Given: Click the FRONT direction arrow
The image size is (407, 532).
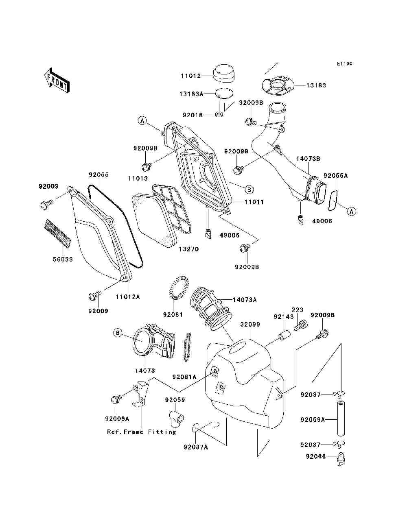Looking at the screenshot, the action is tap(57, 80).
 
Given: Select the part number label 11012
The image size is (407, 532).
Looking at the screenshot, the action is tap(191, 76).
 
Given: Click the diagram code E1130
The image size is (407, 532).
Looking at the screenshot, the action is tap(344, 64).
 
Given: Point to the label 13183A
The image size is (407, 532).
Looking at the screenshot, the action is tap(191, 94).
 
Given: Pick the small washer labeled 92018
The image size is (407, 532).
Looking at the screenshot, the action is tap(219, 114).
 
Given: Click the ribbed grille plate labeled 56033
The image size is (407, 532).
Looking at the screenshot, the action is tap(58, 233).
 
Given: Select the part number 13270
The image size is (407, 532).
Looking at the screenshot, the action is tap(189, 249).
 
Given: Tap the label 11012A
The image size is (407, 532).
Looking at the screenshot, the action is tap(128, 297).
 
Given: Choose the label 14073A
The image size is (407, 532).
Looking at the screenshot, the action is tap(245, 300).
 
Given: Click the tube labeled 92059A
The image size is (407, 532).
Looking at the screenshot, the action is tap(341, 419).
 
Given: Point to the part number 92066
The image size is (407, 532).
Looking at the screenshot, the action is tap(316, 457).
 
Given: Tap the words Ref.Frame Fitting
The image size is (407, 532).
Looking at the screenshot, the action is tap(142, 432).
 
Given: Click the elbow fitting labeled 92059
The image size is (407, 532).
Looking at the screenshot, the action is tap(176, 419).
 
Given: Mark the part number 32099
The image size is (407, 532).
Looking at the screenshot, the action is tap(250, 324).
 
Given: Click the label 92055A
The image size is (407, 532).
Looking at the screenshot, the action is tap(336, 175).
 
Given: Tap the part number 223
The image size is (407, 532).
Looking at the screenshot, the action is tap(298, 310).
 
